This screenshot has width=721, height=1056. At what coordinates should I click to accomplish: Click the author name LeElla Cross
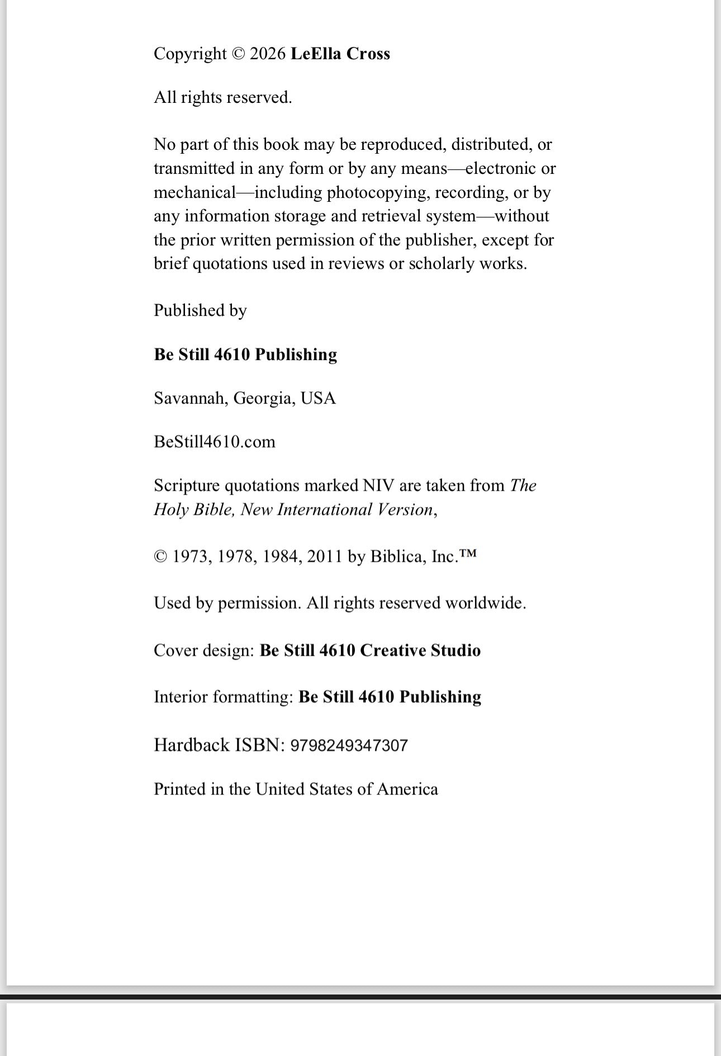[340, 54]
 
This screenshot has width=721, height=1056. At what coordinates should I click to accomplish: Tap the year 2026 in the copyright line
[268, 54]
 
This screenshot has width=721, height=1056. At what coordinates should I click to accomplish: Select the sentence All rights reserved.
[222, 98]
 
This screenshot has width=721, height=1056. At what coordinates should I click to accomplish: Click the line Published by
[200, 310]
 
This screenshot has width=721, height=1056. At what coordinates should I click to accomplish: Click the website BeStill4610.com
[215, 442]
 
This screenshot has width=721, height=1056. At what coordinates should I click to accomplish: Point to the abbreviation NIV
[378, 485]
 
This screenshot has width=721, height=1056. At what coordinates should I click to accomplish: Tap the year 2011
[324, 556]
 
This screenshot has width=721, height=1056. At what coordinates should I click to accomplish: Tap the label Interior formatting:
[224, 697]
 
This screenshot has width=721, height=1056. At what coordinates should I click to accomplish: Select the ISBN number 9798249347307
[349, 745]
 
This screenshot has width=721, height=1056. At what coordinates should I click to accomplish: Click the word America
[407, 789]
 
